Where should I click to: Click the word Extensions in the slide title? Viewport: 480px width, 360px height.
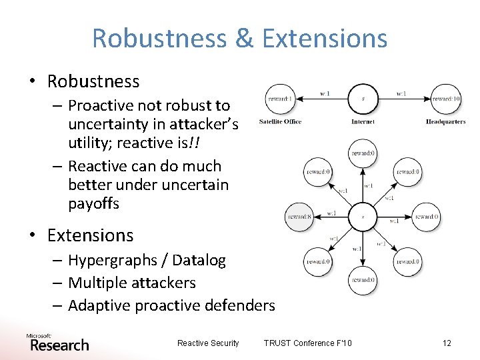click(x=324, y=38)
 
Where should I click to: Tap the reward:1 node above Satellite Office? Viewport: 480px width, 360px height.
click(x=280, y=99)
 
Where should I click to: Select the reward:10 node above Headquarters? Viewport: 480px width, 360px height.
click(x=445, y=99)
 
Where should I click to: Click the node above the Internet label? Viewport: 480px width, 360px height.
click(x=363, y=99)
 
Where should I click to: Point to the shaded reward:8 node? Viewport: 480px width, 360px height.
click(x=299, y=217)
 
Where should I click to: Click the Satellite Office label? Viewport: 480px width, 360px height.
click(x=280, y=122)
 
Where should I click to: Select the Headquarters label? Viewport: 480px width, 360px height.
click(x=445, y=122)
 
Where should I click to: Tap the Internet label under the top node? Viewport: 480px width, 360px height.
click(x=363, y=122)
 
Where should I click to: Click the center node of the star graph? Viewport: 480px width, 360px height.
click(x=363, y=217)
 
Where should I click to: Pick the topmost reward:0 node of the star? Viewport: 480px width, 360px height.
click(x=363, y=153)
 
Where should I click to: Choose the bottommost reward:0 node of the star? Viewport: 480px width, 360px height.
click(x=363, y=280)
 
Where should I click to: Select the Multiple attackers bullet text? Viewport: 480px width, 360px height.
click(x=132, y=283)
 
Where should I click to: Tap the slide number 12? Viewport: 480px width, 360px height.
click(x=447, y=343)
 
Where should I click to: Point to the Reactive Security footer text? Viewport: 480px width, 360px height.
click(x=208, y=343)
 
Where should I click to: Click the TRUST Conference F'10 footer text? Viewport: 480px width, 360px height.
click(x=308, y=343)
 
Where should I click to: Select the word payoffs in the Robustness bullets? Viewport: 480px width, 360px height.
click(x=93, y=204)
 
